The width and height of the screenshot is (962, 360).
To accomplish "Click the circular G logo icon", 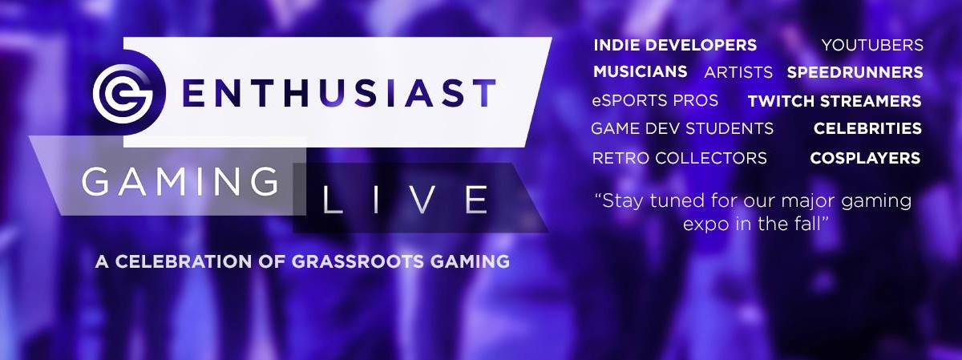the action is (123, 93).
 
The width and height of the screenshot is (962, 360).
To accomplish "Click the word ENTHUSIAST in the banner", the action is (339, 93).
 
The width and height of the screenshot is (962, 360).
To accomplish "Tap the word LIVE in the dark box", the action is (405, 199).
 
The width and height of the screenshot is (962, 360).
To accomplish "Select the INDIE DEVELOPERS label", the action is (675, 45).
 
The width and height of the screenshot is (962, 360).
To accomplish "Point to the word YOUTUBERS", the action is (872, 45).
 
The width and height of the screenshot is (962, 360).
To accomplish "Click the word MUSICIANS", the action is (640, 71).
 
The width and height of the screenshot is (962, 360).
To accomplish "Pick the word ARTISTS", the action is (738, 72).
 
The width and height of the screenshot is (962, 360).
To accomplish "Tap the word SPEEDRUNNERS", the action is (855, 72).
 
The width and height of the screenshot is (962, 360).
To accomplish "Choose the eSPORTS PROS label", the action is (655, 100).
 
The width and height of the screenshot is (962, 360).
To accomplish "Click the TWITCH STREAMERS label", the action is (835, 101).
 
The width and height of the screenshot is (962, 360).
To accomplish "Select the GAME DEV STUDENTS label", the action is (682, 128).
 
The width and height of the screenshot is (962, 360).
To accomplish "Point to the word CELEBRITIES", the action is (867, 128).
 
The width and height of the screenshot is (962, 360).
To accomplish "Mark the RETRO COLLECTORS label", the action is (680, 158).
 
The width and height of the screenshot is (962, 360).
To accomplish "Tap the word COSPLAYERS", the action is (865, 158).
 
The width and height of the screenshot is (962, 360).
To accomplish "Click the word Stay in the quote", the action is (623, 201).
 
